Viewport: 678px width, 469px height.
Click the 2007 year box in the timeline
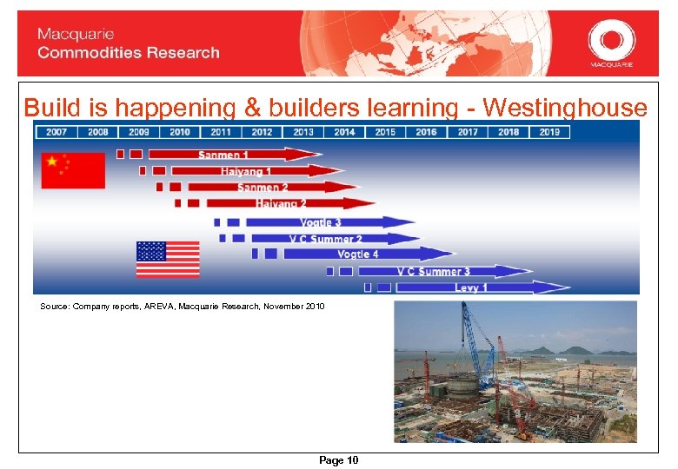56,132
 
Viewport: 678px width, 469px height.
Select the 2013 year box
303,132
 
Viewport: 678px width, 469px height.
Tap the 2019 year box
549,132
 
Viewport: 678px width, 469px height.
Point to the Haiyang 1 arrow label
246,171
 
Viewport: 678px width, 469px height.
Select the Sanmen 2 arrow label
263,187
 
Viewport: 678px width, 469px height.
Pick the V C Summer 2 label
326,238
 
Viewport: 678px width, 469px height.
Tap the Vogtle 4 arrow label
358,254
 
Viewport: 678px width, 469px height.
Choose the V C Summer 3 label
433,271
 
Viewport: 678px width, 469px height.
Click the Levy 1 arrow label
471,287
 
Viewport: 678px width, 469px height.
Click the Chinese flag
73,170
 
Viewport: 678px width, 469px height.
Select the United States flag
168,259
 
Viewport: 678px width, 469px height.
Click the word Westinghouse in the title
565,107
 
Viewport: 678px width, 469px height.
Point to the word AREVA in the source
158,307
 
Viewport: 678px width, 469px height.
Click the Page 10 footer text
338,460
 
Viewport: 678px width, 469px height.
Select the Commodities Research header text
129,53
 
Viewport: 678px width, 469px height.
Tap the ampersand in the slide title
252,107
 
